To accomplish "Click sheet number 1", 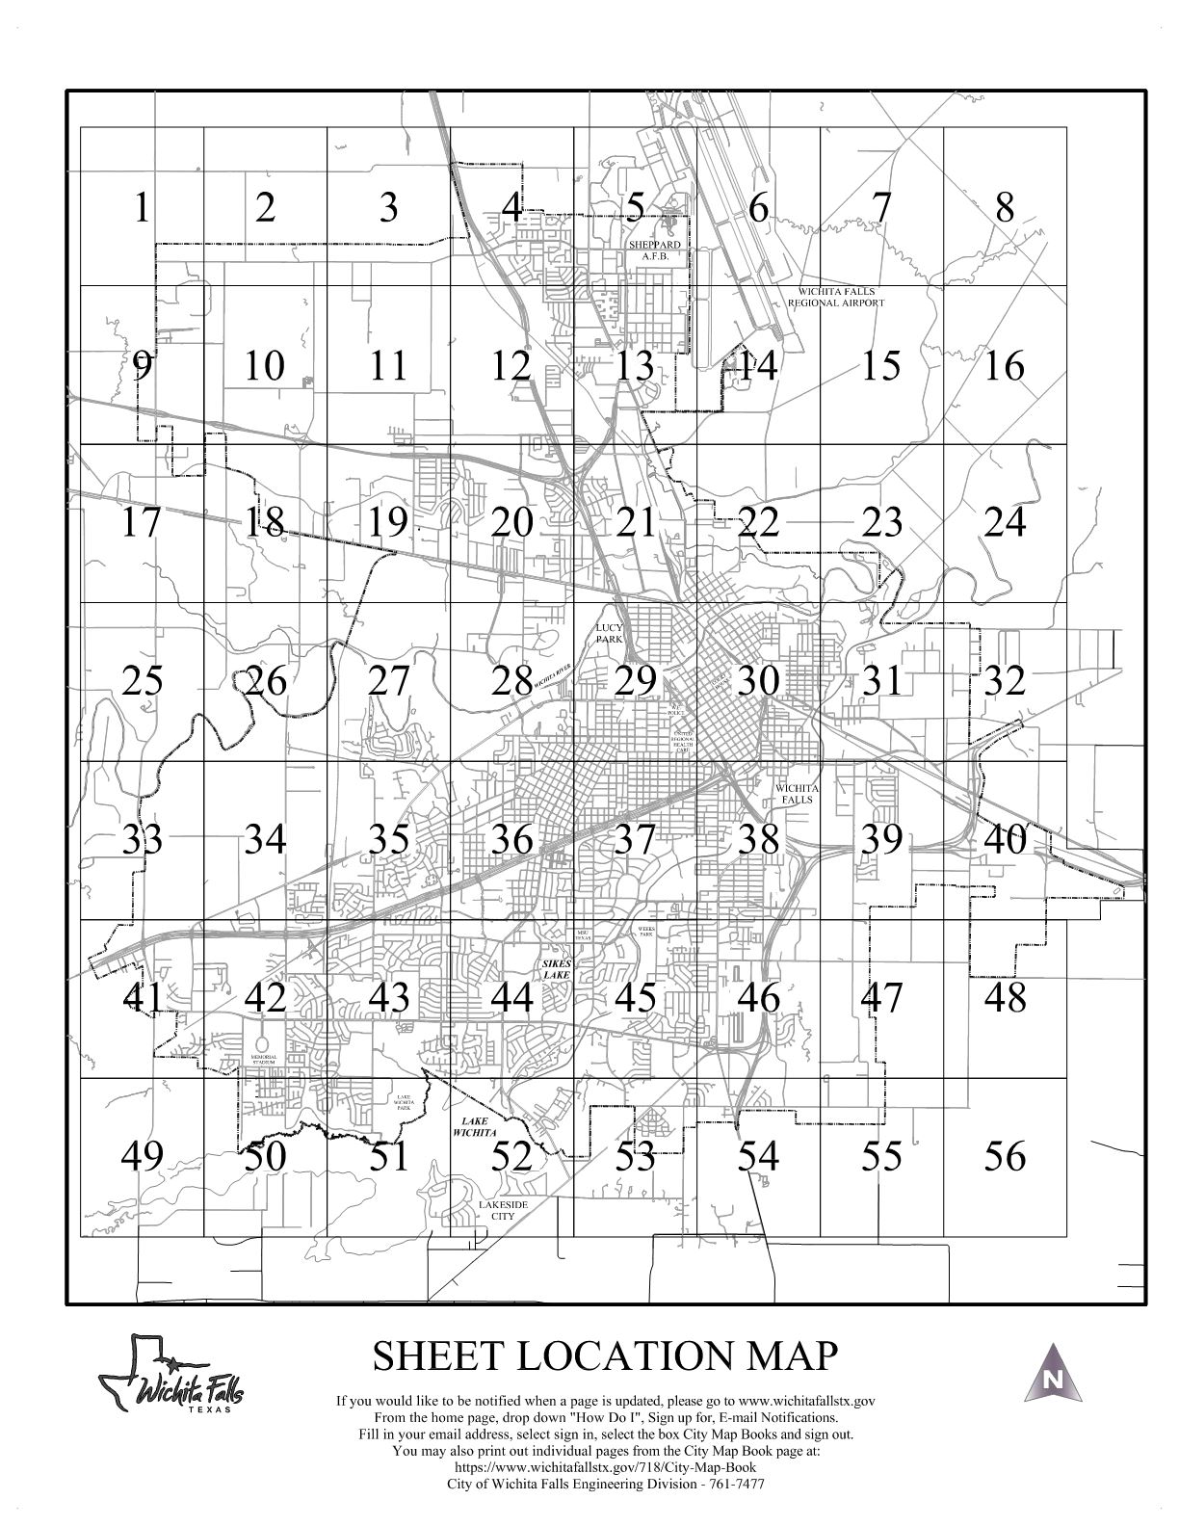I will click(142, 207).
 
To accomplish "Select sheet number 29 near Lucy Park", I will click(635, 680).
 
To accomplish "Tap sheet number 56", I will click(1005, 1155).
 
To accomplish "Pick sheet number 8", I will click(1005, 207).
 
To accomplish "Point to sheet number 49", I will click(142, 1155).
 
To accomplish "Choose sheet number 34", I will click(265, 839).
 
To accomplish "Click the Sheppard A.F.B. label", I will click(655, 251).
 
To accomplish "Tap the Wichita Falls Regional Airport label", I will click(835, 297).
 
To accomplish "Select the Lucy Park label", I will click(610, 633).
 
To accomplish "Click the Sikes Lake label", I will click(557, 968).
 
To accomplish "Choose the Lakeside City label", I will click(497, 1210).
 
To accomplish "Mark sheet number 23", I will click(881, 522).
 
